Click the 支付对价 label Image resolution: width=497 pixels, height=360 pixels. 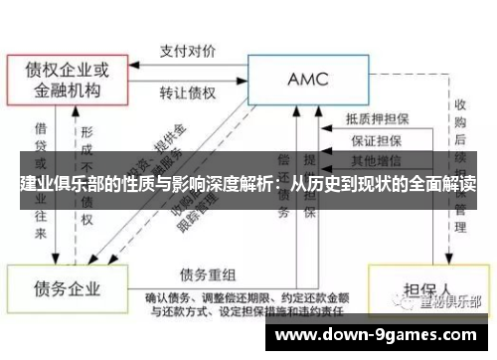[190, 47]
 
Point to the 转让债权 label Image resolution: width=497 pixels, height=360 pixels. [190, 93]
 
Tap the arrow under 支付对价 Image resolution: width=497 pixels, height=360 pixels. [190, 61]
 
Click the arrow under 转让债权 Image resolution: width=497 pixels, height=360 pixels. [190, 79]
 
